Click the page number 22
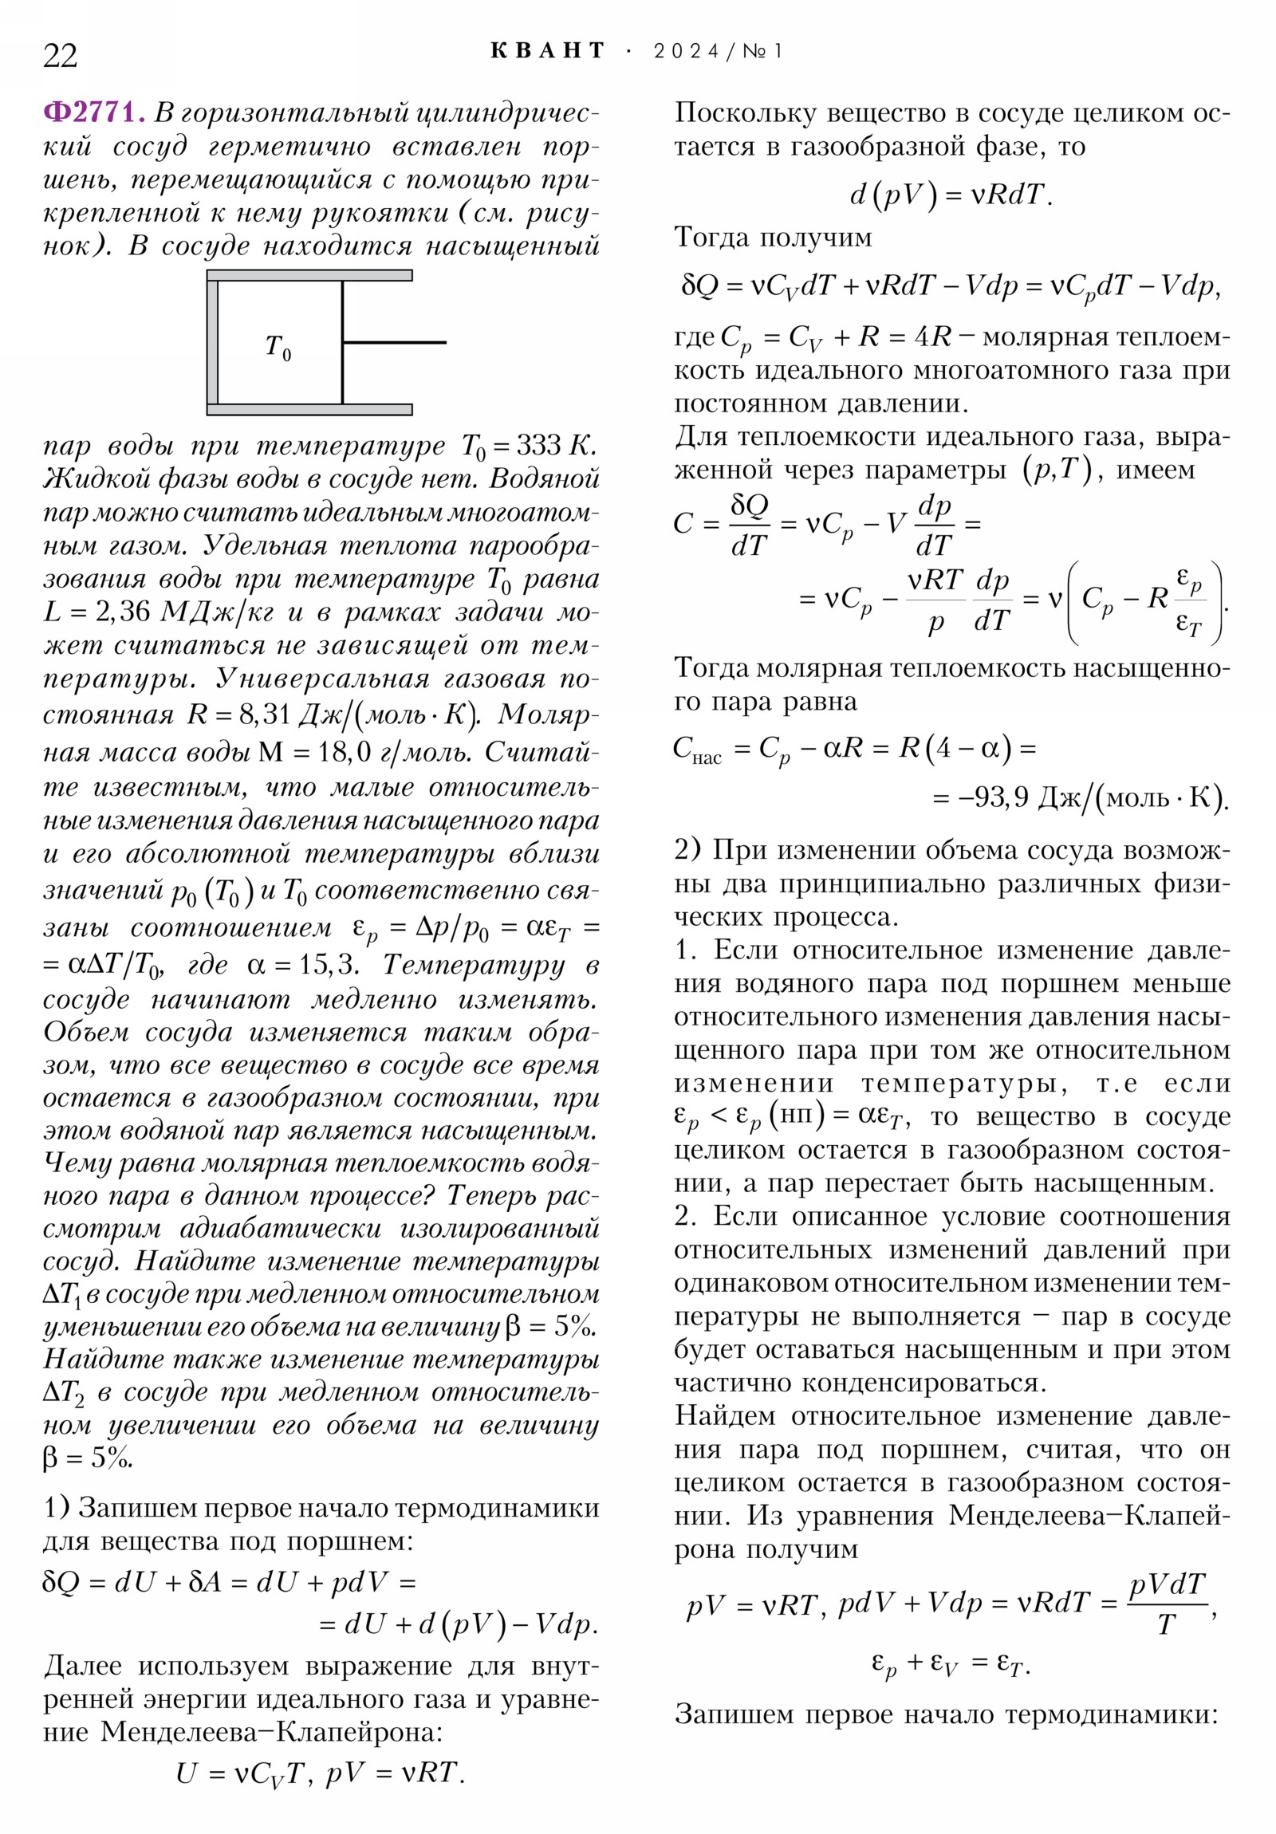(60, 56)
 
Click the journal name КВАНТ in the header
(547, 51)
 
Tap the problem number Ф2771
(94, 112)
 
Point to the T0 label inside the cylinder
(278, 348)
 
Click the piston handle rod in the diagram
(394, 343)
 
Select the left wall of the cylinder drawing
(212, 343)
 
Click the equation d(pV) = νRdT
(950, 195)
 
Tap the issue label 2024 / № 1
(718, 51)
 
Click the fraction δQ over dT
(749, 525)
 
